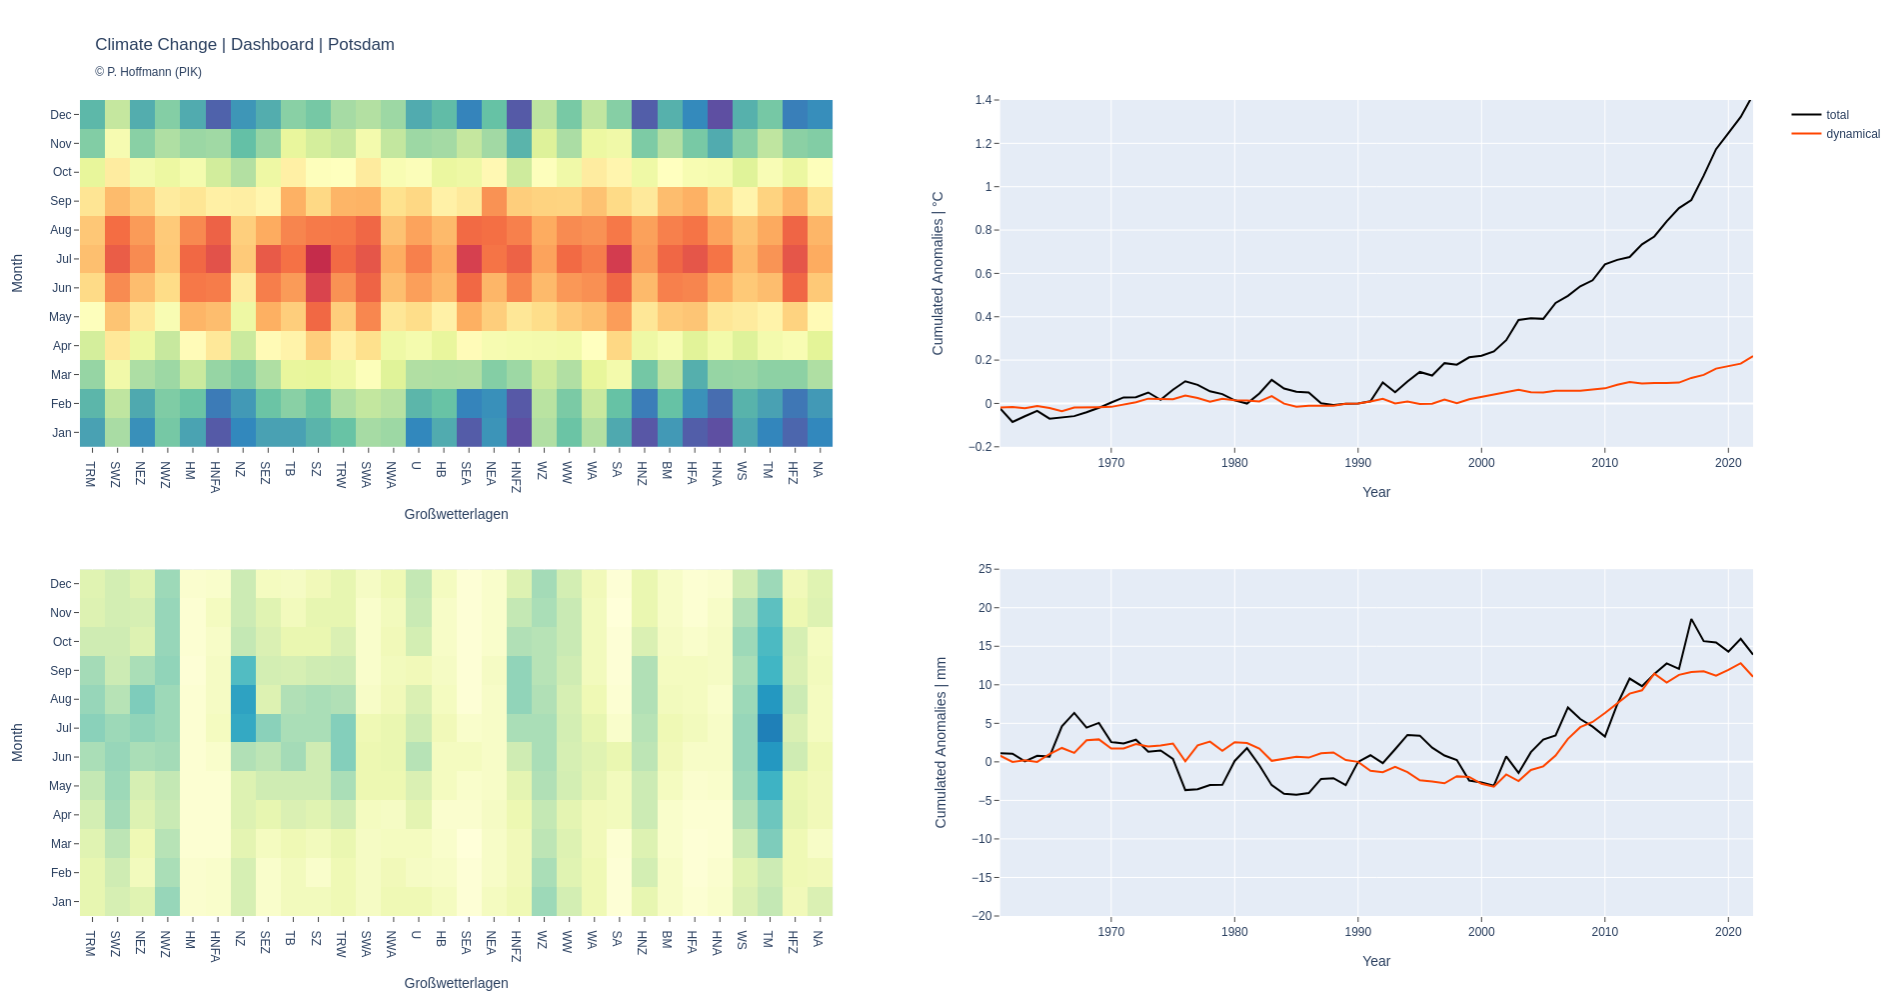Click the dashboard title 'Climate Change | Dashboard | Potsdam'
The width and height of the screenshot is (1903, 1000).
(x=245, y=45)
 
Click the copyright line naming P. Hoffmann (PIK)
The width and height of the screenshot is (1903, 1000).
(x=148, y=72)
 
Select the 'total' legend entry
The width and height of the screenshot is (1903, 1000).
(x=1837, y=115)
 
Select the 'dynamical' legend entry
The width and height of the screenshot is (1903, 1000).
(x=1852, y=134)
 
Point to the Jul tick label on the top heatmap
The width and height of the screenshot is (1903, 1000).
(x=64, y=259)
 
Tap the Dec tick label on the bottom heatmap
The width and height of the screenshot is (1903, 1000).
(x=61, y=584)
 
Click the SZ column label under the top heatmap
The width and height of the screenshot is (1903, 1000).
(x=316, y=468)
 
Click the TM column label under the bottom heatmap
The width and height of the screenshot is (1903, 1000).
(x=768, y=938)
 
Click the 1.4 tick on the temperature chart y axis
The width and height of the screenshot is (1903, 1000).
(x=982, y=100)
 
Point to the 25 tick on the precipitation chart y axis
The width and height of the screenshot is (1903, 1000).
(x=984, y=569)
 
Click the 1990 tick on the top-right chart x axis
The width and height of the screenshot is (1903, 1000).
(x=1357, y=463)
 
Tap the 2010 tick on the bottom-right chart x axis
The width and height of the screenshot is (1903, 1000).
(x=1604, y=932)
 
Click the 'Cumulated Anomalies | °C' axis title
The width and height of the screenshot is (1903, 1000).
(x=938, y=273)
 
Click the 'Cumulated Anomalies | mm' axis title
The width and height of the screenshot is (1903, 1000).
(x=941, y=742)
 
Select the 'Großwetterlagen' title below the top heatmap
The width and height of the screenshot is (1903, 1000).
(x=456, y=514)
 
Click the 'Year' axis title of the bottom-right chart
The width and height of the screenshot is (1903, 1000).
(x=1375, y=961)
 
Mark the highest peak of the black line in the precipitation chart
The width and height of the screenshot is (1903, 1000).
(x=1691, y=619)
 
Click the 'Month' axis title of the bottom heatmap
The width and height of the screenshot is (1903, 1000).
(x=17, y=742)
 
